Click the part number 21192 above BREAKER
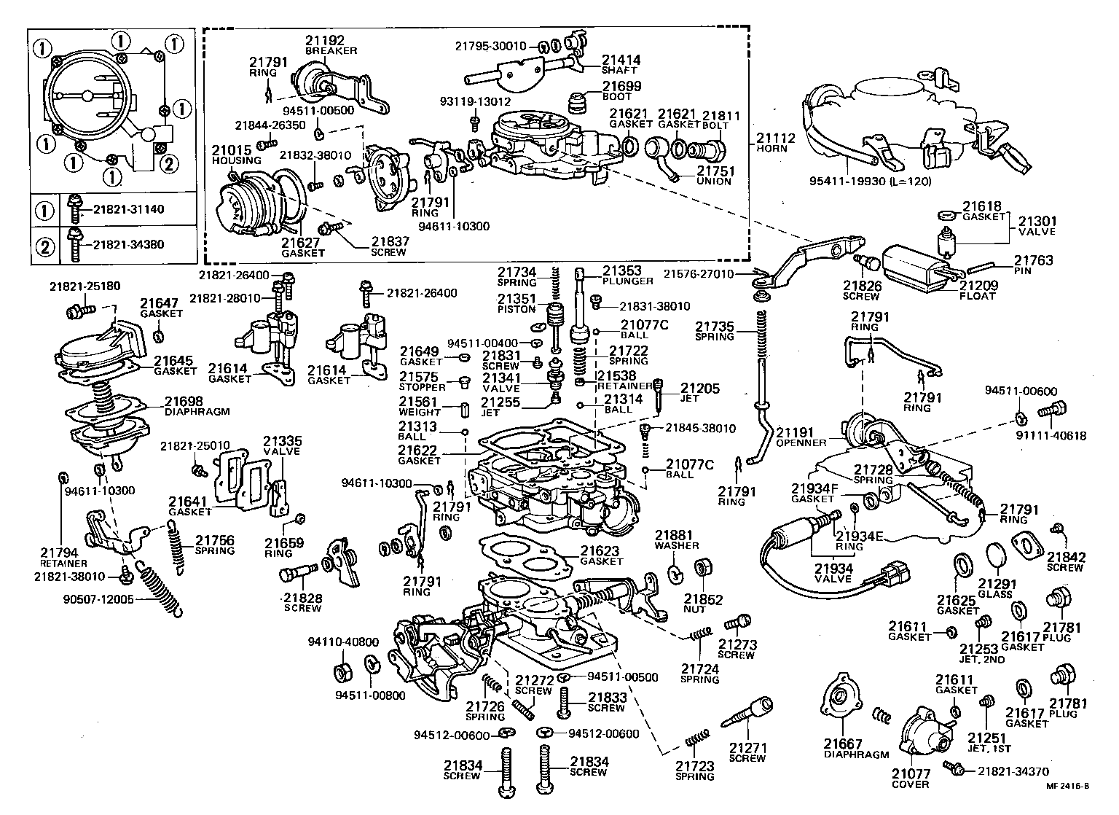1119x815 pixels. [x=324, y=40]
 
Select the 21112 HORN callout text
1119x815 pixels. [x=775, y=142]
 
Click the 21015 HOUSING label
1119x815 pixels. [x=236, y=155]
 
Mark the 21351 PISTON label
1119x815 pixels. [x=517, y=303]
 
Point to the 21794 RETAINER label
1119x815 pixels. [x=63, y=557]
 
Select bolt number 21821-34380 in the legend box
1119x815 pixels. [x=128, y=244]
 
